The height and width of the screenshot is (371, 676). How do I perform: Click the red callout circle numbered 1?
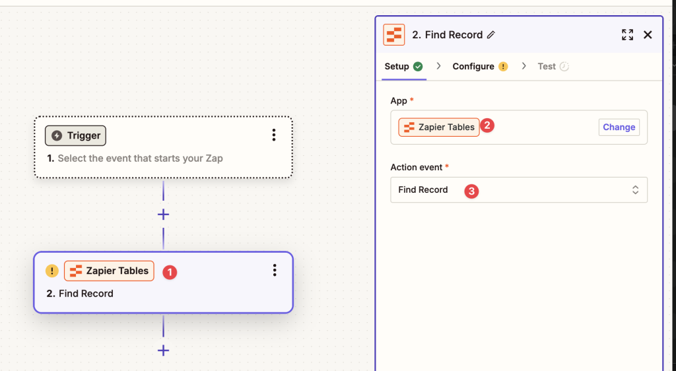point(170,272)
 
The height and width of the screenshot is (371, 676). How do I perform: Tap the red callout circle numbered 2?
point(487,125)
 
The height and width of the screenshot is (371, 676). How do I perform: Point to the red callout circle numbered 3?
point(471,191)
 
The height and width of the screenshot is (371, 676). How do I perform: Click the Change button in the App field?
point(619,127)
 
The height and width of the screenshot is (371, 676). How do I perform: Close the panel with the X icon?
point(648,35)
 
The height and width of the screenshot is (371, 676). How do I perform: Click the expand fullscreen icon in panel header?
point(627,35)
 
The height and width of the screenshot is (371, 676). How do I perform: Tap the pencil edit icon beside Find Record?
point(491,35)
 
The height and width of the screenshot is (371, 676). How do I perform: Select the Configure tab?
point(473,67)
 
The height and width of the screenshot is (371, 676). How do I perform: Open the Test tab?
point(546,67)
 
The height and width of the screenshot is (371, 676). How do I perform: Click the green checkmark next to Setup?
point(418,67)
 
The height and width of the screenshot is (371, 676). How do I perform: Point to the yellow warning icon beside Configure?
point(503,67)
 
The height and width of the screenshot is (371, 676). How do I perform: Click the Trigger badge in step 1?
point(75,136)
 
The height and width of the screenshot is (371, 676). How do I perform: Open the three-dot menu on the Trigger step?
point(274,135)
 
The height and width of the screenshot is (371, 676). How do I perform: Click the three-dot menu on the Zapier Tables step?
point(275,270)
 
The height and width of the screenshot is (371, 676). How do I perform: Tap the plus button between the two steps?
point(164,214)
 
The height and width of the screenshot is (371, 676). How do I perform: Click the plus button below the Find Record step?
point(164,351)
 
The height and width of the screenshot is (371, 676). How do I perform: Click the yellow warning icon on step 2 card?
point(52,271)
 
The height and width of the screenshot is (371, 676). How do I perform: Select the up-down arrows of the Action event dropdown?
point(636,190)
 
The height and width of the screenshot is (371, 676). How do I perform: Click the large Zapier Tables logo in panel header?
point(394,35)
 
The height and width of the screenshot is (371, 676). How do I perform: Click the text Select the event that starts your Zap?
point(140,158)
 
